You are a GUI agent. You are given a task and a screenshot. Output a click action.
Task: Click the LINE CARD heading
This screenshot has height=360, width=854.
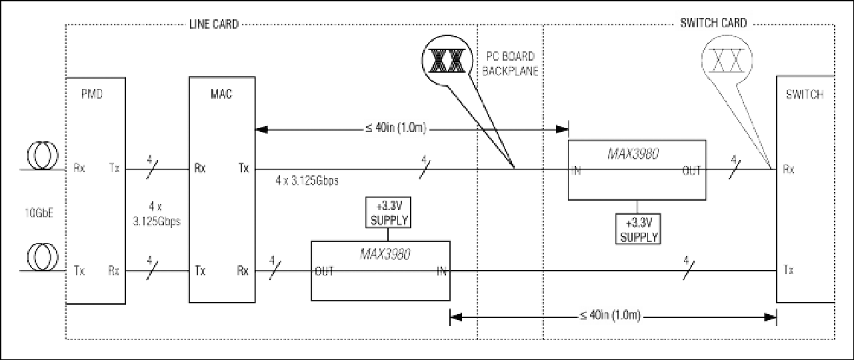214,25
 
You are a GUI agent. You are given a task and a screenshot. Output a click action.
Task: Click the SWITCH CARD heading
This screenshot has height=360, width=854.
713,23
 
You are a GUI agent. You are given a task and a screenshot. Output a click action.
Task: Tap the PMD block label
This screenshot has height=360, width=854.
92,94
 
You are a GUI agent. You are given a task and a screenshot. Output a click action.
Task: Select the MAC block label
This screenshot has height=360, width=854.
221,94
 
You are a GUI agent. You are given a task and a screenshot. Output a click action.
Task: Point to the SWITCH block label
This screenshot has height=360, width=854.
805,94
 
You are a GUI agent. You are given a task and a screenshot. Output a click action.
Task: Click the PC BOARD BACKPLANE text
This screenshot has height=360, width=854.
510,64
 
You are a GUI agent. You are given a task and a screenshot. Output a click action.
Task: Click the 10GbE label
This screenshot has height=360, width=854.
39,213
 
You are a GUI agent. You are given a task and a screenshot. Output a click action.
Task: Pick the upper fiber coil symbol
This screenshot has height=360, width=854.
43,155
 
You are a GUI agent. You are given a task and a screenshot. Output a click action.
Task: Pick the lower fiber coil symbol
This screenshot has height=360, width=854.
43,257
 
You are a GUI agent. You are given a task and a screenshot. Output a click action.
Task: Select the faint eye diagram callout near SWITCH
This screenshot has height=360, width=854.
727,60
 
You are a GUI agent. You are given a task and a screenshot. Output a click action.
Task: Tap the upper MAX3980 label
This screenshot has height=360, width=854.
633,154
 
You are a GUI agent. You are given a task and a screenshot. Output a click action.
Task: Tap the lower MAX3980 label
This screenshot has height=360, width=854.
385,255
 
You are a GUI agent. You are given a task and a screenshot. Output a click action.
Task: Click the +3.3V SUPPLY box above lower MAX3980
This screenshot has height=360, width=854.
388,213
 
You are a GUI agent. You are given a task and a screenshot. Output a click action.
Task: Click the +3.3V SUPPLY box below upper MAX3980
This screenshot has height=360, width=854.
638,229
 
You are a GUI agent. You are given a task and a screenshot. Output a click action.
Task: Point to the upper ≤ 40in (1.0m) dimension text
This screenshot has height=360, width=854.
395,128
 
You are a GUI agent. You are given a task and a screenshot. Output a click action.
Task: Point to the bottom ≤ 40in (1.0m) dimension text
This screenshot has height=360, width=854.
609,316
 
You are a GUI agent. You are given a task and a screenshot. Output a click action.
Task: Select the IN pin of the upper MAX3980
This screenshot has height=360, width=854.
577,171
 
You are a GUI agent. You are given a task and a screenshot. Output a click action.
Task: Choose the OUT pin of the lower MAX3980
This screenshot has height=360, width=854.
324,271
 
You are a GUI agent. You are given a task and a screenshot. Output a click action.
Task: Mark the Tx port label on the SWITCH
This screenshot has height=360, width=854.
789,270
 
